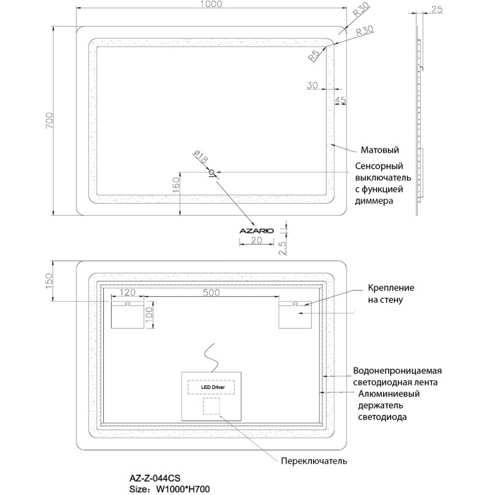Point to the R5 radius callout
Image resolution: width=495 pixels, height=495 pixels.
(315, 57)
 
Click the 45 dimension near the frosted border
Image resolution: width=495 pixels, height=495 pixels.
(340, 100)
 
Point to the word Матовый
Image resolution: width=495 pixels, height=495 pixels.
(380, 151)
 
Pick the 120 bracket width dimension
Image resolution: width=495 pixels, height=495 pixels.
(127, 293)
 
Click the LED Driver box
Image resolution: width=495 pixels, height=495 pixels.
(211, 388)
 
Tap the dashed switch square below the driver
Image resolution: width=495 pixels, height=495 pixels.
(211, 407)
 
